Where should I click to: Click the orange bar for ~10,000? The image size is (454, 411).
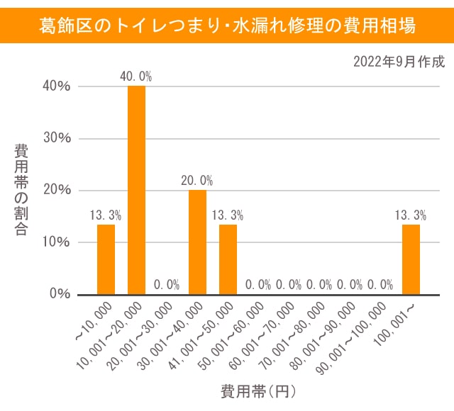106,259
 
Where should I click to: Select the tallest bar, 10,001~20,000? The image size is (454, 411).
136,190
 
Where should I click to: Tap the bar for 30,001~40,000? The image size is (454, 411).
197,242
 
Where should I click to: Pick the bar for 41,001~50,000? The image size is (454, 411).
228,259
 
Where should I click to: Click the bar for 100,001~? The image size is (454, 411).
411,259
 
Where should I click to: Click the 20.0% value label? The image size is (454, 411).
197,181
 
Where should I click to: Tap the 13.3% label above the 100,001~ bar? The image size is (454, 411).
411,215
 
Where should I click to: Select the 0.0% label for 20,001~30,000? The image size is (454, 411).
167,285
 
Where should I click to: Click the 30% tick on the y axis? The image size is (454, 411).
56,138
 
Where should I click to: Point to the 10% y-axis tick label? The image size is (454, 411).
56,242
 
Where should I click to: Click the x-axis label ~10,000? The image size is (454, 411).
95,322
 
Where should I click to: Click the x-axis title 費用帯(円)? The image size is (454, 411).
258,390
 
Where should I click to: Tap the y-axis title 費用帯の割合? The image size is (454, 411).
21,190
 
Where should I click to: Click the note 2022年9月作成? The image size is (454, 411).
399,62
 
